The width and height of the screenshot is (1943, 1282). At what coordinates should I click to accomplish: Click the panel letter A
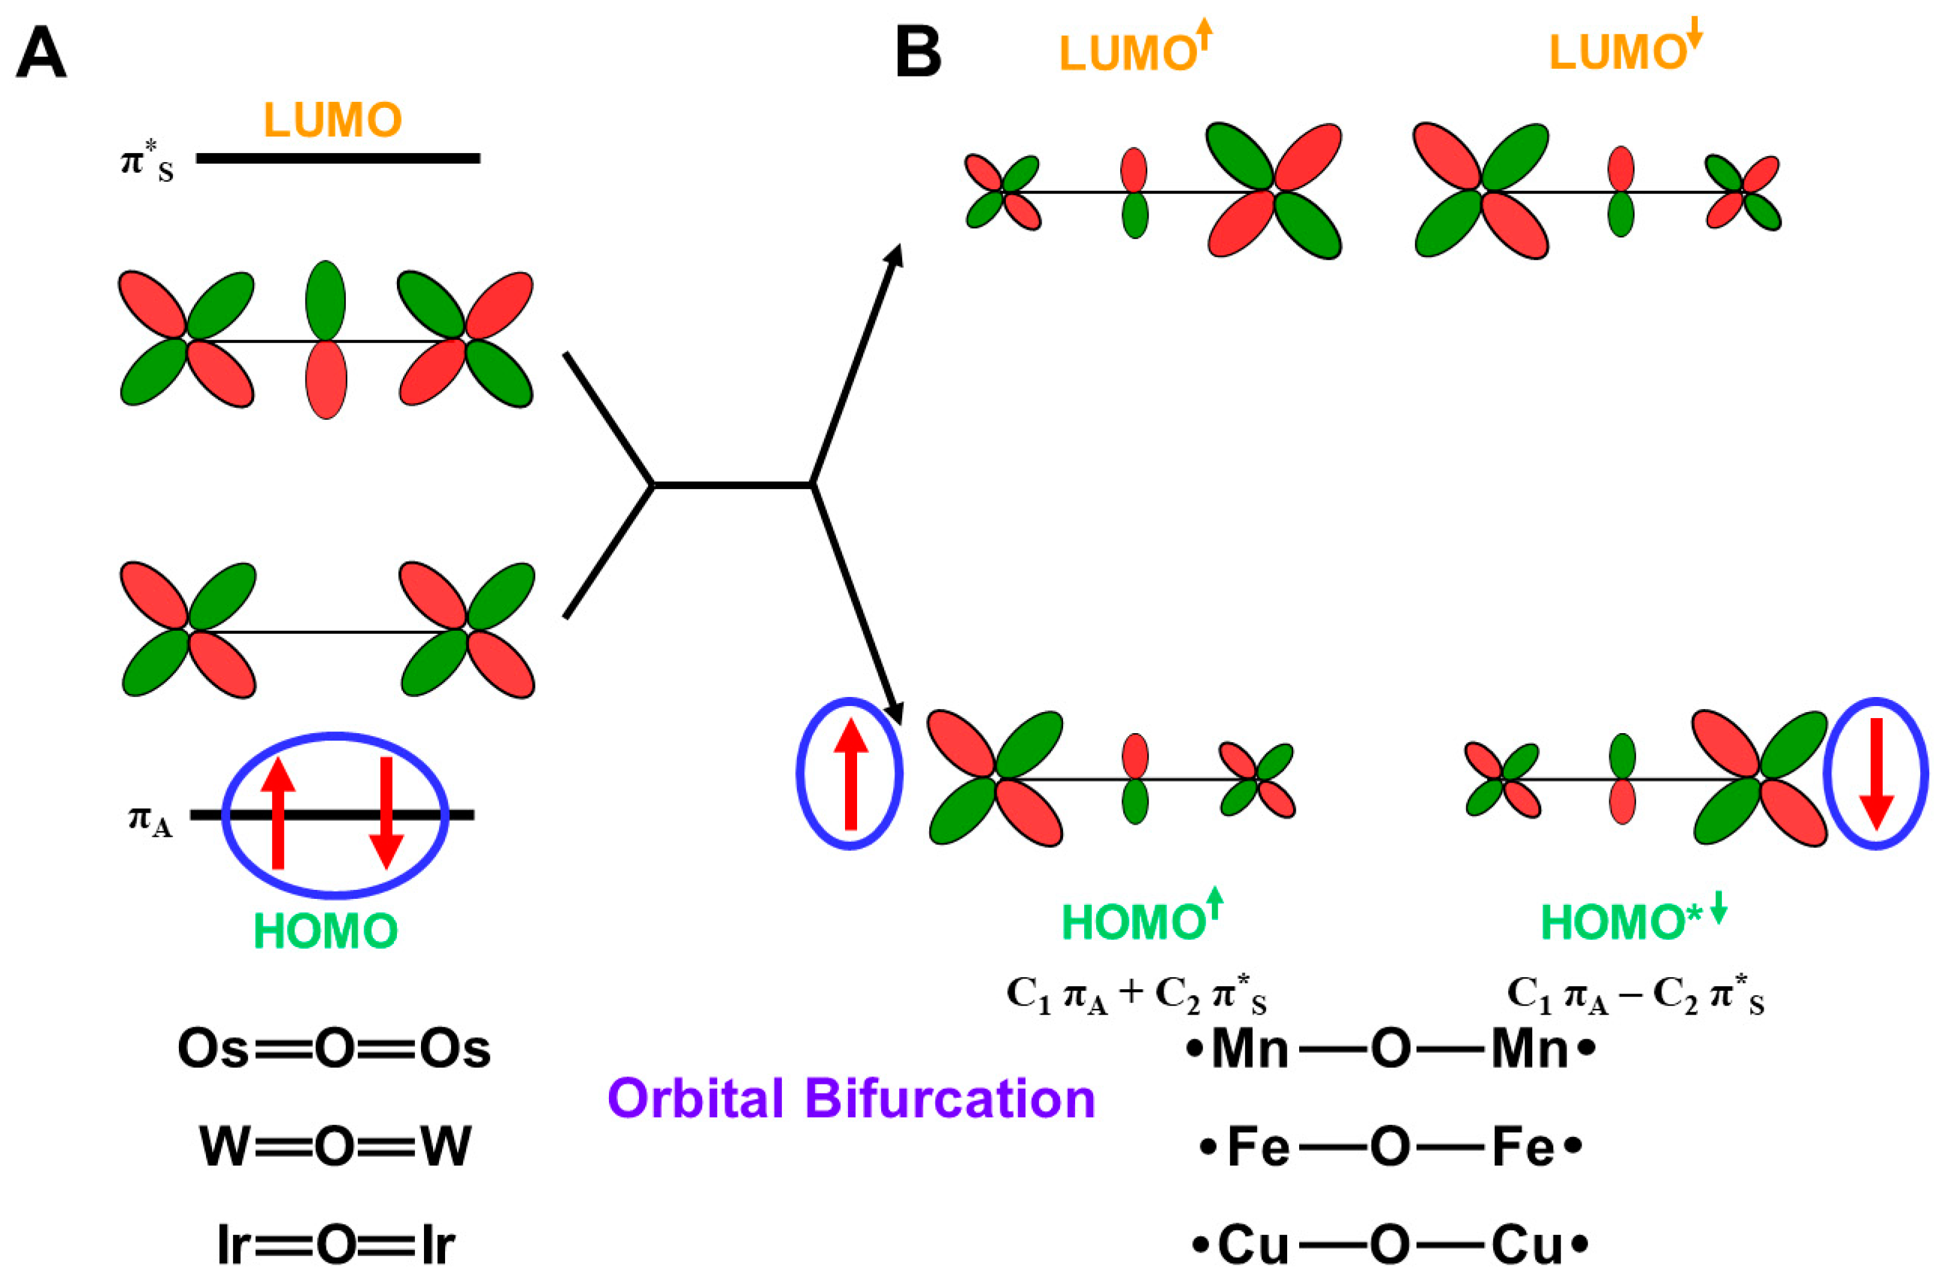41,53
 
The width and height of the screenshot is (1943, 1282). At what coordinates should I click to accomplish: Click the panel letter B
918,53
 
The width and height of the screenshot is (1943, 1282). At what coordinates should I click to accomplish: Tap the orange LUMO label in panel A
332,120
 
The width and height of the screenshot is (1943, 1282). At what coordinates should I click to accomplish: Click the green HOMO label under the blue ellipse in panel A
325,930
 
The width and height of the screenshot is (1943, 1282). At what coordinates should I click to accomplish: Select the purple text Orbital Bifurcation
851,1098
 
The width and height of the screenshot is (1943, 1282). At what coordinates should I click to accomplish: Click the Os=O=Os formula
334,1049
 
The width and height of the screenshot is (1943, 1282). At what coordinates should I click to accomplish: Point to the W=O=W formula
335,1146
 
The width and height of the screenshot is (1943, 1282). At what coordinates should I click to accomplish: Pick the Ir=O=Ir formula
335,1245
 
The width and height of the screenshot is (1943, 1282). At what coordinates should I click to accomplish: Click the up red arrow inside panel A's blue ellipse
278,812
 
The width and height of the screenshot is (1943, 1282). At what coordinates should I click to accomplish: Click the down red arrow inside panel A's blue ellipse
386,812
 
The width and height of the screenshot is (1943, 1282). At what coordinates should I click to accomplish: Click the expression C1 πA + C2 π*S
1136,996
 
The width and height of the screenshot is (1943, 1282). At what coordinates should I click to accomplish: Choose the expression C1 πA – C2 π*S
1635,996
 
